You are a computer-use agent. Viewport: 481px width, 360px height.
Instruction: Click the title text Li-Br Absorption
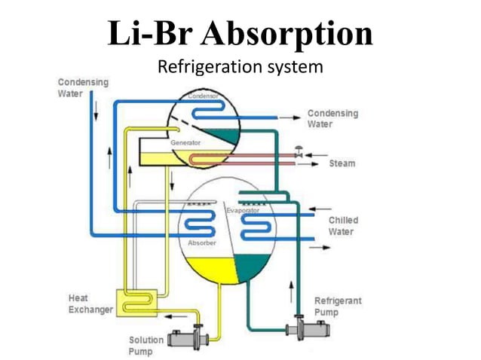(x=240, y=35)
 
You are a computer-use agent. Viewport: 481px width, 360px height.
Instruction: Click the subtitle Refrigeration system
(x=240, y=68)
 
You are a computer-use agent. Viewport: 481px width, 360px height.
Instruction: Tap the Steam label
(x=342, y=163)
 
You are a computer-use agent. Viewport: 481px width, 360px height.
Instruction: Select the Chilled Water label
(x=343, y=226)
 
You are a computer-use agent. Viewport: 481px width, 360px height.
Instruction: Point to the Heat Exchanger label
(x=90, y=304)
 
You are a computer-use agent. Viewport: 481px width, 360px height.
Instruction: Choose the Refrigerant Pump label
(x=337, y=306)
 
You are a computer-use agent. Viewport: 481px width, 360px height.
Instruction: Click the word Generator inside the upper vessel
(x=185, y=142)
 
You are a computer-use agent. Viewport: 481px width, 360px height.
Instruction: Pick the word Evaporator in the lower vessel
(x=243, y=210)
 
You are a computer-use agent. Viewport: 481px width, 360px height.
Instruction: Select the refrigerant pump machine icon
(x=306, y=329)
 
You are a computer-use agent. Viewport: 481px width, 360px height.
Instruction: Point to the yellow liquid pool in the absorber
(x=211, y=267)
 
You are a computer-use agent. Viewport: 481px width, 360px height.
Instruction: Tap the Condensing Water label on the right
(x=332, y=118)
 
